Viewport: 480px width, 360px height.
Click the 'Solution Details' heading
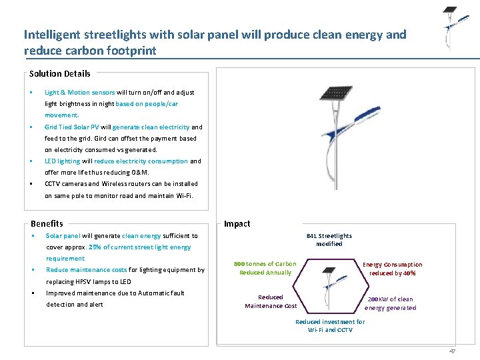click(60, 74)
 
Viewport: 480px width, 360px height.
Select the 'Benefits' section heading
click(47, 223)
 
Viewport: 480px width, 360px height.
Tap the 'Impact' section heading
click(237, 223)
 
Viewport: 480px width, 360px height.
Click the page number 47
click(452, 351)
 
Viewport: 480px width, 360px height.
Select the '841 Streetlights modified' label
click(329, 239)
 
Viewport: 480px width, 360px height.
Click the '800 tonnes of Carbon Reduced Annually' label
click(265, 268)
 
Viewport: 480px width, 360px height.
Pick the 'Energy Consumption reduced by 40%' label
click(392, 269)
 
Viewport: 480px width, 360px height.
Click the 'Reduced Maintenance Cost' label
click(271, 301)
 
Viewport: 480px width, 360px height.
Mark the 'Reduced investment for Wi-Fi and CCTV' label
click(330, 325)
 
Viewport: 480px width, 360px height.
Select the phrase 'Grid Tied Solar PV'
click(72, 127)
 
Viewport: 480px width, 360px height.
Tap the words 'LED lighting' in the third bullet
click(63, 161)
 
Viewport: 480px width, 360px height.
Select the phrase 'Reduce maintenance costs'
click(86, 270)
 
